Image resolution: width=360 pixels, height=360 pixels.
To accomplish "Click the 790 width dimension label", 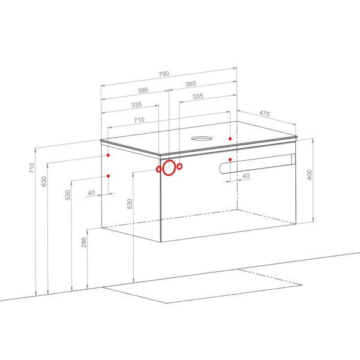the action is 164,74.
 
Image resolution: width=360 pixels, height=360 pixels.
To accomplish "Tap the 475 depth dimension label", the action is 265,113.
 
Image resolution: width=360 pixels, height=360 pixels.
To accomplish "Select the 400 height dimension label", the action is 310,175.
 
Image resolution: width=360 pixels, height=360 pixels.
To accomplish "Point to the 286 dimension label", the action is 84,242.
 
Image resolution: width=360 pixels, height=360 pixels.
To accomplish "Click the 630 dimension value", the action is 44,181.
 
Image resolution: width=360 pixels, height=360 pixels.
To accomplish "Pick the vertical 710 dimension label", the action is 31,168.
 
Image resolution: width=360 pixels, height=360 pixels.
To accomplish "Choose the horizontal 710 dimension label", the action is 139,120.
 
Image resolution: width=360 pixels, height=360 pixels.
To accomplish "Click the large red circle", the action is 169,167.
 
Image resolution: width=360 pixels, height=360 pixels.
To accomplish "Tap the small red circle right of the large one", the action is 179,166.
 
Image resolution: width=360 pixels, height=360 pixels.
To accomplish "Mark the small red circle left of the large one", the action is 158,169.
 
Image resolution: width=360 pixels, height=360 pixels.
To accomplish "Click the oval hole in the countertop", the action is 202,139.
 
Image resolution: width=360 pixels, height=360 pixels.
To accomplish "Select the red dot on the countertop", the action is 230,139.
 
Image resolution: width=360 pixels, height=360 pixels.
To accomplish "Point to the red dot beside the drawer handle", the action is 230,160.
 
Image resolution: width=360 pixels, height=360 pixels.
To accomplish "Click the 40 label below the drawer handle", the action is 246,176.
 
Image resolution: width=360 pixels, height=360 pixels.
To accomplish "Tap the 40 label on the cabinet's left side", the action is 91,193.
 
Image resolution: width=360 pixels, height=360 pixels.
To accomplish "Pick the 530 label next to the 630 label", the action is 68,195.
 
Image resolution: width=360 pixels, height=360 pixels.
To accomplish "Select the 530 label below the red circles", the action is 130,204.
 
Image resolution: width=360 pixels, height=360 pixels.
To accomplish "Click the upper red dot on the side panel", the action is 108,155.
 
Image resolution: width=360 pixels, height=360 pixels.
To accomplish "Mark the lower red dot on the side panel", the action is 108,176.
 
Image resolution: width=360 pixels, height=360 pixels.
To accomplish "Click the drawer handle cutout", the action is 257,163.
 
